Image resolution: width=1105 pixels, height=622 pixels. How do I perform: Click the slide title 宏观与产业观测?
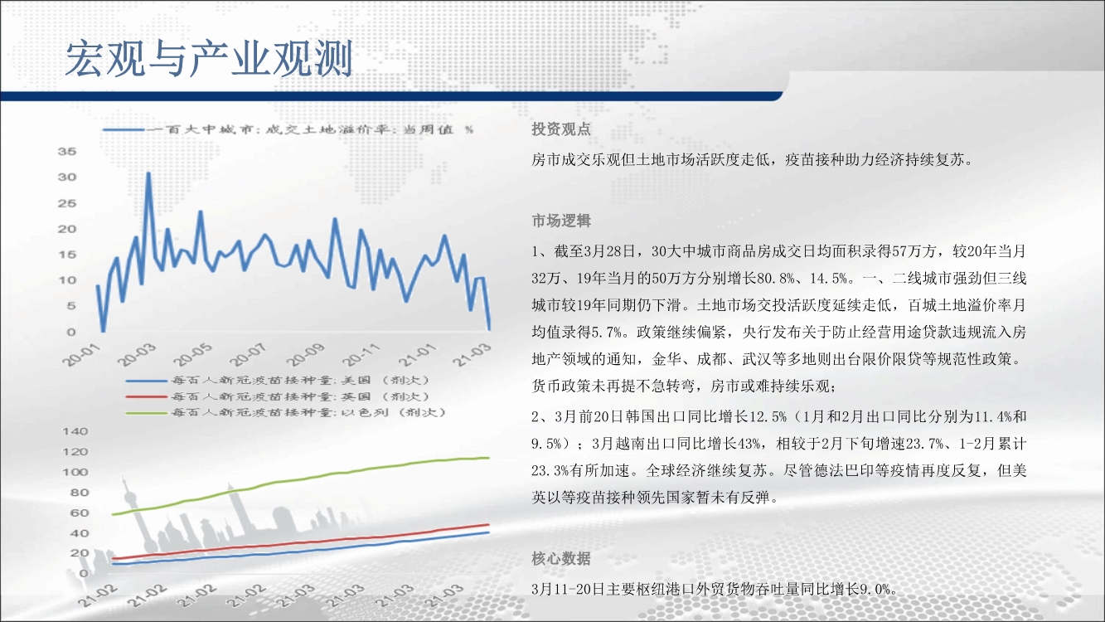pyautogui.click(x=209, y=59)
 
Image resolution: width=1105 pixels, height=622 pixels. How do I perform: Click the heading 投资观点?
pyautogui.click(x=561, y=129)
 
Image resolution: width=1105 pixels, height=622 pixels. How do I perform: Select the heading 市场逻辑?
pyautogui.click(x=561, y=220)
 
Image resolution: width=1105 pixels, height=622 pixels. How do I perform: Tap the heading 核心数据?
pyautogui.click(x=561, y=559)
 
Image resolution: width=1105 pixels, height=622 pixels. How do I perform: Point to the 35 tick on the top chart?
pyautogui.click(x=67, y=152)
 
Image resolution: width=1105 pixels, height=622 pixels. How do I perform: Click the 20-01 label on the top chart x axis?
pyautogui.click(x=81, y=355)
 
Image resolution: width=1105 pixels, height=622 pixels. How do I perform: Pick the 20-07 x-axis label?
pyautogui.click(x=249, y=355)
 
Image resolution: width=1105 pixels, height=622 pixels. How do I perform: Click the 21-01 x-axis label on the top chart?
pyautogui.click(x=417, y=355)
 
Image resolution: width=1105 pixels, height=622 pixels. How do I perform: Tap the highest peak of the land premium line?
pyautogui.click(x=148, y=173)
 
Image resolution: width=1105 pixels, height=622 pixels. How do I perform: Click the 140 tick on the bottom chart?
pyautogui.click(x=75, y=431)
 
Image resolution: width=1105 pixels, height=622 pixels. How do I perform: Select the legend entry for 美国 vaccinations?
pyautogui.click(x=278, y=381)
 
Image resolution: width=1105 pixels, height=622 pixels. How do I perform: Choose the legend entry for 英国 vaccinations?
pyautogui.click(x=278, y=397)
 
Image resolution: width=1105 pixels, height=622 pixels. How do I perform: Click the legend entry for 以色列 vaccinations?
pyautogui.click(x=286, y=413)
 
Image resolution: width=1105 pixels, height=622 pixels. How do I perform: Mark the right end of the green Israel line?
pyautogui.click(x=489, y=458)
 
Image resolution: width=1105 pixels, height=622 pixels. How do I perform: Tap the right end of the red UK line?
pyautogui.click(x=489, y=525)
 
